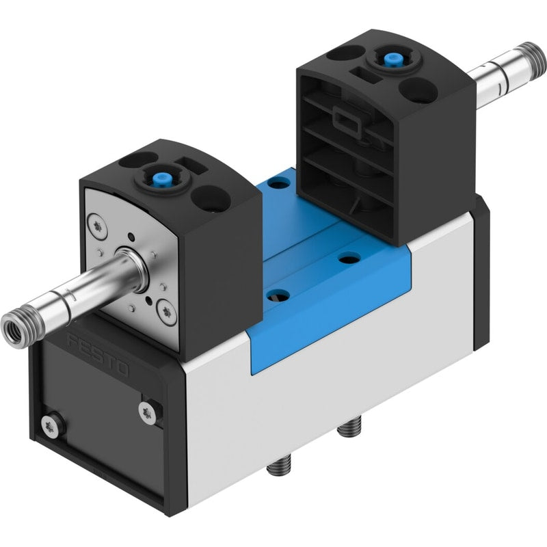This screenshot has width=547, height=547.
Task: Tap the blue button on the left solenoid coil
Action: click(x=157, y=181)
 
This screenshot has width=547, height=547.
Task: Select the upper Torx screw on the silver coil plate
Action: click(x=96, y=226)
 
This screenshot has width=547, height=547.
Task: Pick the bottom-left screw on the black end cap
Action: click(x=50, y=426)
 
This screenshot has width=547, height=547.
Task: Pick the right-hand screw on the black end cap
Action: click(x=148, y=413)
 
